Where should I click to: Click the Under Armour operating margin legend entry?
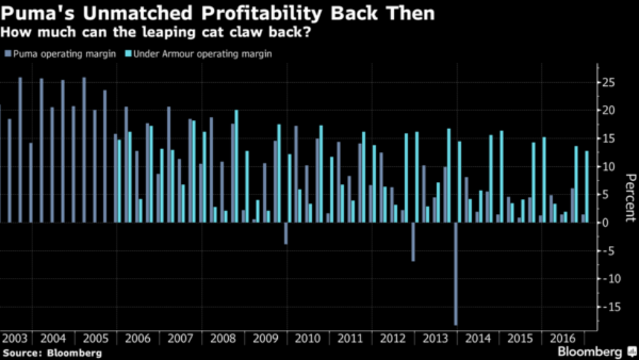click(x=201, y=54)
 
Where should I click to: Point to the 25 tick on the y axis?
click(x=608, y=83)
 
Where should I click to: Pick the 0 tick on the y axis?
click(x=605, y=223)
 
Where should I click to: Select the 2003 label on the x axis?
click(x=16, y=339)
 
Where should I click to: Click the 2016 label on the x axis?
click(x=563, y=339)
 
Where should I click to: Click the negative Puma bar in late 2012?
click(x=413, y=242)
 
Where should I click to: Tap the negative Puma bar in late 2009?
click(x=286, y=233)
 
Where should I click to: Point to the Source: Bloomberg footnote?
click(x=52, y=353)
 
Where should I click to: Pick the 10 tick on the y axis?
click(x=608, y=167)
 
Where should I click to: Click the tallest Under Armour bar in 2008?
click(x=236, y=166)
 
